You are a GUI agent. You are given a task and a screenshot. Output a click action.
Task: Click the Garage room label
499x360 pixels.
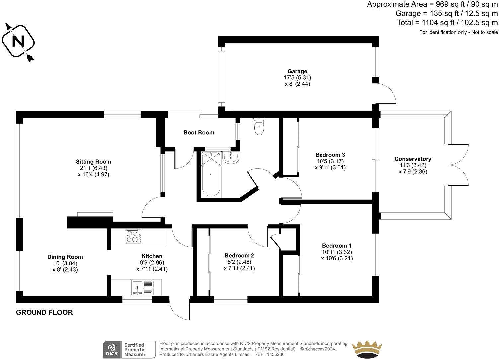[297, 71]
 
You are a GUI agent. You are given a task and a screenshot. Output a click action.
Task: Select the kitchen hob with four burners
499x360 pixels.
[133, 237]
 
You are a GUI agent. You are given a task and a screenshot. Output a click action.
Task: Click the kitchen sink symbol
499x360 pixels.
[142, 287]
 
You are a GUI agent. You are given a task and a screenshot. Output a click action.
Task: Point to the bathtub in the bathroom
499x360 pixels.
[211, 174]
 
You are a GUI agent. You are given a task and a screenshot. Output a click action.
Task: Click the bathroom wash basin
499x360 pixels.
[231, 158]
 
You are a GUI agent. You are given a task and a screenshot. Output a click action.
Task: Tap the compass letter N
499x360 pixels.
[18, 42]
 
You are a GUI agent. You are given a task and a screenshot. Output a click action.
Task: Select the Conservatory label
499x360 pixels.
[413, 159]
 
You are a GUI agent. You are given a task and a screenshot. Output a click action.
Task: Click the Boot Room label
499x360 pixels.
[199, 133]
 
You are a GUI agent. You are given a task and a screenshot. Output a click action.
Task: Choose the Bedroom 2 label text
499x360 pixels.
[239, 256]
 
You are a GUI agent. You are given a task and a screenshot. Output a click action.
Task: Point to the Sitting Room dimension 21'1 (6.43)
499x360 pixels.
[93, 168]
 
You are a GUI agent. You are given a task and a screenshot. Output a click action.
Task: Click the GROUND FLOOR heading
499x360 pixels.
[44, 312]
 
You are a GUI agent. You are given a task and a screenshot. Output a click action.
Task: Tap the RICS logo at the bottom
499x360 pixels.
[111, 349]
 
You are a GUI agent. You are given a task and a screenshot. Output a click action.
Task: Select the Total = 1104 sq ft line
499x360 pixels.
[447, 23]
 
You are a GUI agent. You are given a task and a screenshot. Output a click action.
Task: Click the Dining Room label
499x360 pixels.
[65, 257]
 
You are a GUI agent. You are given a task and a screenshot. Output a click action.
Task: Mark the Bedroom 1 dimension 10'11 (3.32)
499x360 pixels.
[334, 252]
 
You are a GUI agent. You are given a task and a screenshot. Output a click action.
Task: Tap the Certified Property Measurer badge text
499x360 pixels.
[134, 350]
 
